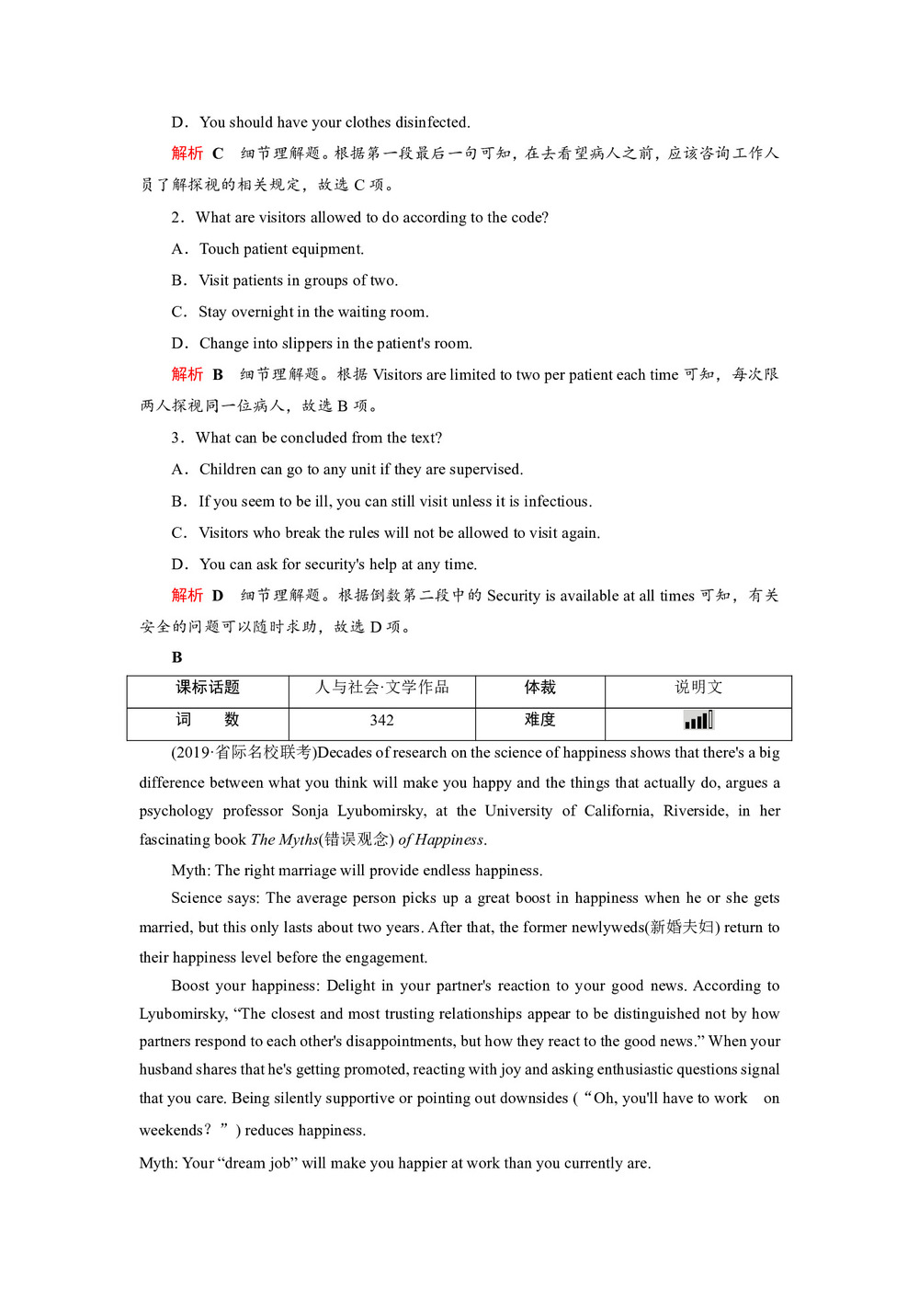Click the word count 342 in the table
(381, 721)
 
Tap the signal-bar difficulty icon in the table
(698, 720)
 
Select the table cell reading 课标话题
(208, 688)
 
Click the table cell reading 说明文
(698, 688)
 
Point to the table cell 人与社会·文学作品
(381, 688)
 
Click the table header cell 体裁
(539, 688)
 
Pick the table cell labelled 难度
(539, 720)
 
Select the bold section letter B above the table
(176, 657)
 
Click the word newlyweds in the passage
(607, 928)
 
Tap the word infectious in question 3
(556, 502)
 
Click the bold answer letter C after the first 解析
(218, 154)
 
